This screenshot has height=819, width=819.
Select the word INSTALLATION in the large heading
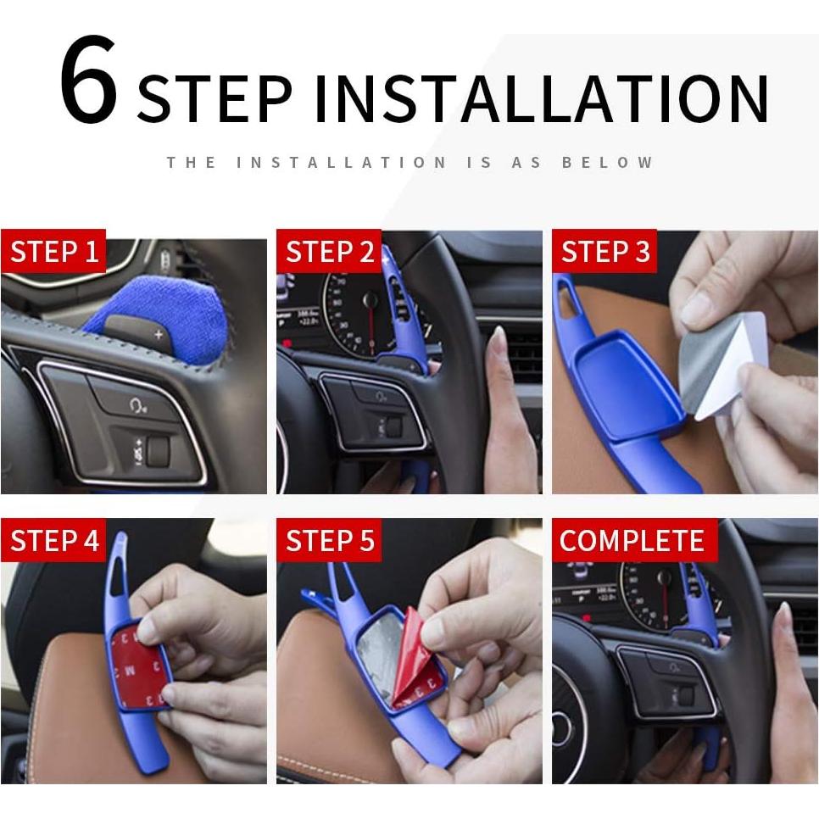(x=541, y=100)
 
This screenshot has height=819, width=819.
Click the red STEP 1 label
(x=54, y=252)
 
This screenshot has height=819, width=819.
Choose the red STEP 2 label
(x=330, y=252)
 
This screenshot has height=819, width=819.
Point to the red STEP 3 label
(x=605, y=252)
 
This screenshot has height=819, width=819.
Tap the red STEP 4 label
(x=54, y=541)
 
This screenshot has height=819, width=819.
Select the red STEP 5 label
(x=330, y=541)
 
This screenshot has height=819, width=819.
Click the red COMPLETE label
(x=632, y=541)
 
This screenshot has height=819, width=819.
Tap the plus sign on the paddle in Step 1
(x=159, y=335)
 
